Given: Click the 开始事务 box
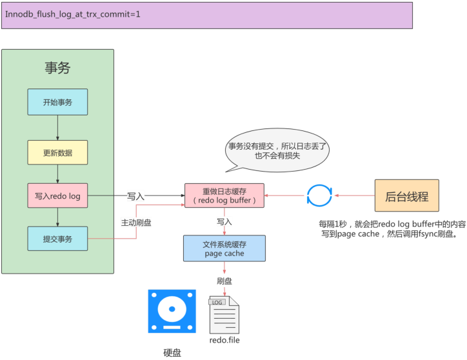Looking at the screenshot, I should [57, 102].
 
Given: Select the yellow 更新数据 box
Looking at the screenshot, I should [57, 152].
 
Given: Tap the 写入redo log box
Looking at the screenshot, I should [57, 196].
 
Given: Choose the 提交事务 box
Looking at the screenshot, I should [57, 239].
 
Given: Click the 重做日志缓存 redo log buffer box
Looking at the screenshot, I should [224, 195].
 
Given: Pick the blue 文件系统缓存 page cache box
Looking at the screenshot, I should [224, 248].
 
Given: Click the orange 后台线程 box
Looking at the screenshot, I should [406, 195].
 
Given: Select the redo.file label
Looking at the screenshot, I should [224, 340].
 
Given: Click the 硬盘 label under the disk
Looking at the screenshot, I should [172, 353].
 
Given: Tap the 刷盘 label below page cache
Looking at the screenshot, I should [224, 281].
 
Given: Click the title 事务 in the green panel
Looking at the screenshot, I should [57, 68].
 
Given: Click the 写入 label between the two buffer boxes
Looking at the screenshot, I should [224, 221].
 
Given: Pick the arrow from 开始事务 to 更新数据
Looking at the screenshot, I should [57, 127].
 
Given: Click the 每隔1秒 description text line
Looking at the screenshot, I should [392, 224].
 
